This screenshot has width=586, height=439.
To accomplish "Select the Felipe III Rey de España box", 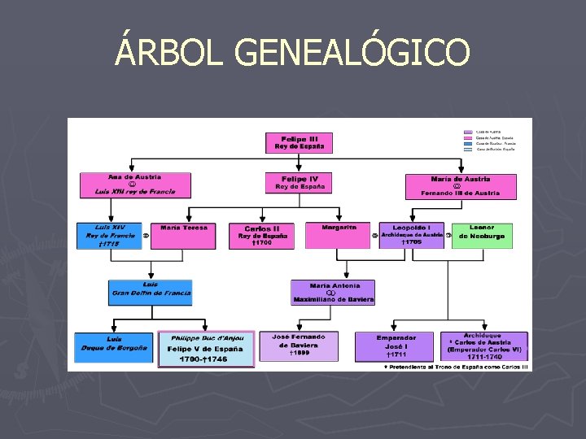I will (300, 143).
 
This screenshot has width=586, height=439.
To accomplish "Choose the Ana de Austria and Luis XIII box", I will (135, 185).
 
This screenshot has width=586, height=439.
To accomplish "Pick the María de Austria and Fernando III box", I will (461, 186).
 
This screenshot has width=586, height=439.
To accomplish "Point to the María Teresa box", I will (184, 236).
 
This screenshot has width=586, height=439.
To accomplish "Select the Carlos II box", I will (262, 236).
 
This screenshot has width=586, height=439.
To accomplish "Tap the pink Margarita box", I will (339, 236).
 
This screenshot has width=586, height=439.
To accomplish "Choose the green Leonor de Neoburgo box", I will (482, 236).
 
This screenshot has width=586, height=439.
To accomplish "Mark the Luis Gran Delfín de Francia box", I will (151, 293).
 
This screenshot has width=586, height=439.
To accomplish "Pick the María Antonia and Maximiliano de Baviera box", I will (333, 293).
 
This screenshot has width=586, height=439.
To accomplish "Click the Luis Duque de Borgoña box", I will (114, 347).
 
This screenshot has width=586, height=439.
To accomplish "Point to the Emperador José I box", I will (396, 346).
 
